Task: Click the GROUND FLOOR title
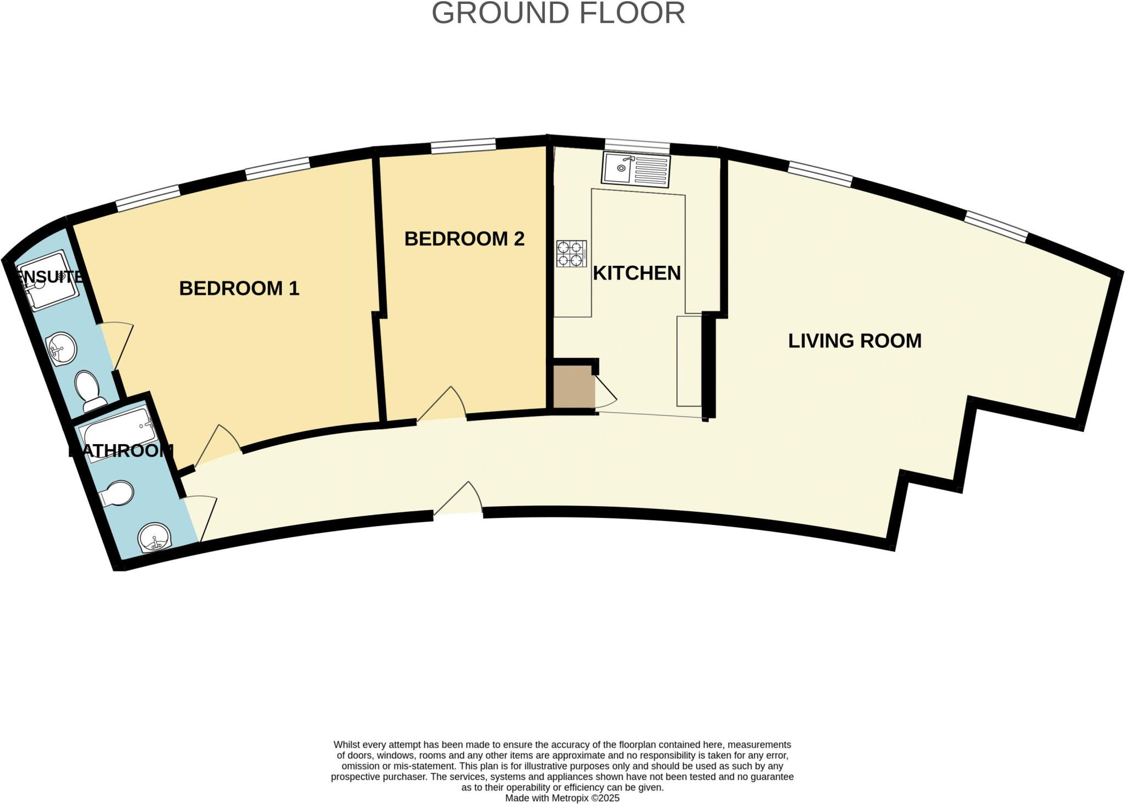(558, 13)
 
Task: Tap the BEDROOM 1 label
(239, 288)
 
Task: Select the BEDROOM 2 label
(464, 239)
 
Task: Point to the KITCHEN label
(636, 273)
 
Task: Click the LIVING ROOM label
(854, 341)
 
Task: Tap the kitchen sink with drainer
(636, 169)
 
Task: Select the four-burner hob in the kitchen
(571, 254)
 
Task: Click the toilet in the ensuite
(90, 390)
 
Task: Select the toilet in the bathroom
(117, 494)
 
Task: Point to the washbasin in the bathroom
(155, 537)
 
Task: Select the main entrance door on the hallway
(459, 499)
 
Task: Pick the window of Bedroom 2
(463, 146)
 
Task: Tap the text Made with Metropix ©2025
(562, 798)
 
